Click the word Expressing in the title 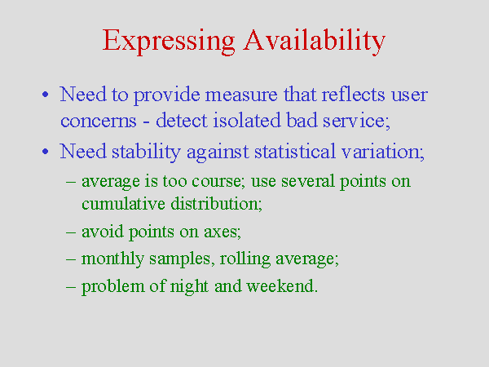click(169, 42)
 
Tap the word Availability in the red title click(315, 42)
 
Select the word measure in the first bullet click(241, 95)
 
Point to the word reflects click(353, 94)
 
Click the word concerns click(99, 121)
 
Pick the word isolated click(247, 120)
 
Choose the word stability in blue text click(146, 153)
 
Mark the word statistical click(295, 152)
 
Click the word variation click(383, 152)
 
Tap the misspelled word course click(218, 181)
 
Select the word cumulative click(123, 203)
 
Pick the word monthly click(112, 259)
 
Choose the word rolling click(244, 259)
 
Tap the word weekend click(282, 286)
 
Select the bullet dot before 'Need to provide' click(46, 95)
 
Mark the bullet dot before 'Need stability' click(46, 152)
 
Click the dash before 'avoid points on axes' click(71, 232)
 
